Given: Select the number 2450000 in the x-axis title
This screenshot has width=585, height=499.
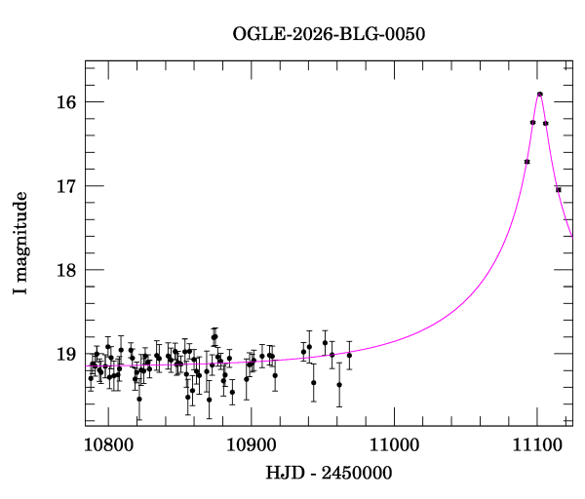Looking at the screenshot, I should [x=357, y=473].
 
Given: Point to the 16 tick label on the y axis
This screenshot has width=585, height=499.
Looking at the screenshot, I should [x=66, y=102].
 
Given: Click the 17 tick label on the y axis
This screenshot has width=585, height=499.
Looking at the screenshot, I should [x=66, y=186].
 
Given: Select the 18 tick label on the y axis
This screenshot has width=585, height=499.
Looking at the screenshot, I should [x=66, y=270].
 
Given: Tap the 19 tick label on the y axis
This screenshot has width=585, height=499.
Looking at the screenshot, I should [x=66, y=354].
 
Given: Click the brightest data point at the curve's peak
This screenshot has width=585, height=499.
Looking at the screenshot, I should [x=540, y=94].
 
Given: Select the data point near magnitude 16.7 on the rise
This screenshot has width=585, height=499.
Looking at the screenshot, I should [x=527, y=161].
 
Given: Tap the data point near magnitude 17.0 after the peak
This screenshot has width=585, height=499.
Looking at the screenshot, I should [x=559, y=189].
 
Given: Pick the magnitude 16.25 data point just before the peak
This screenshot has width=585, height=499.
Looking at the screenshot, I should [x=532, y=122].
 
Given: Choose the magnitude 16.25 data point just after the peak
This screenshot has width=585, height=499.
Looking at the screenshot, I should [x=546, y=123].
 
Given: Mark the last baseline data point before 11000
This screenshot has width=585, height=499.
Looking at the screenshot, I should [x=349, y=355].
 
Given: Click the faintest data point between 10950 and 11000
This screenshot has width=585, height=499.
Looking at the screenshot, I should [x=339, y=384].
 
